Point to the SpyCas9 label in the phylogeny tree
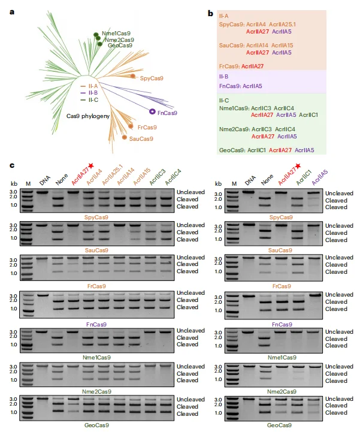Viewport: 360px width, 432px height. coord(152,78)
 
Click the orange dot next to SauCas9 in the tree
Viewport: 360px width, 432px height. coord(125,138)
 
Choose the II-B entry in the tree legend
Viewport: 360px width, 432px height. coord(90,93)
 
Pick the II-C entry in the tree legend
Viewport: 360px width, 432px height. coord(90,99)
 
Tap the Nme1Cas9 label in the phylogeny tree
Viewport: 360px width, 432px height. coord(116,34)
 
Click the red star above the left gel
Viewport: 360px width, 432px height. coord(91,165)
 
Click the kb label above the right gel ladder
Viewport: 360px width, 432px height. coord(219,183)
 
